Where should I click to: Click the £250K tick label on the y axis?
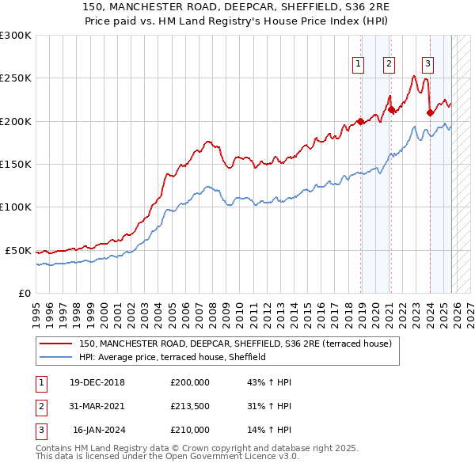[x=15, y=78]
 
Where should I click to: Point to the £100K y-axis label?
[x=15, y=207]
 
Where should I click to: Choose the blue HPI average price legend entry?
[x=172, y=358]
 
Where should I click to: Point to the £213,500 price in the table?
[x=190, y=406]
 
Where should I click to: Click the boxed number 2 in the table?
[x=41, y=406]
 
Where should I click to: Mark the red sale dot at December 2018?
[x=360, y=121]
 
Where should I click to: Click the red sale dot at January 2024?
[x=429, y=112]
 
